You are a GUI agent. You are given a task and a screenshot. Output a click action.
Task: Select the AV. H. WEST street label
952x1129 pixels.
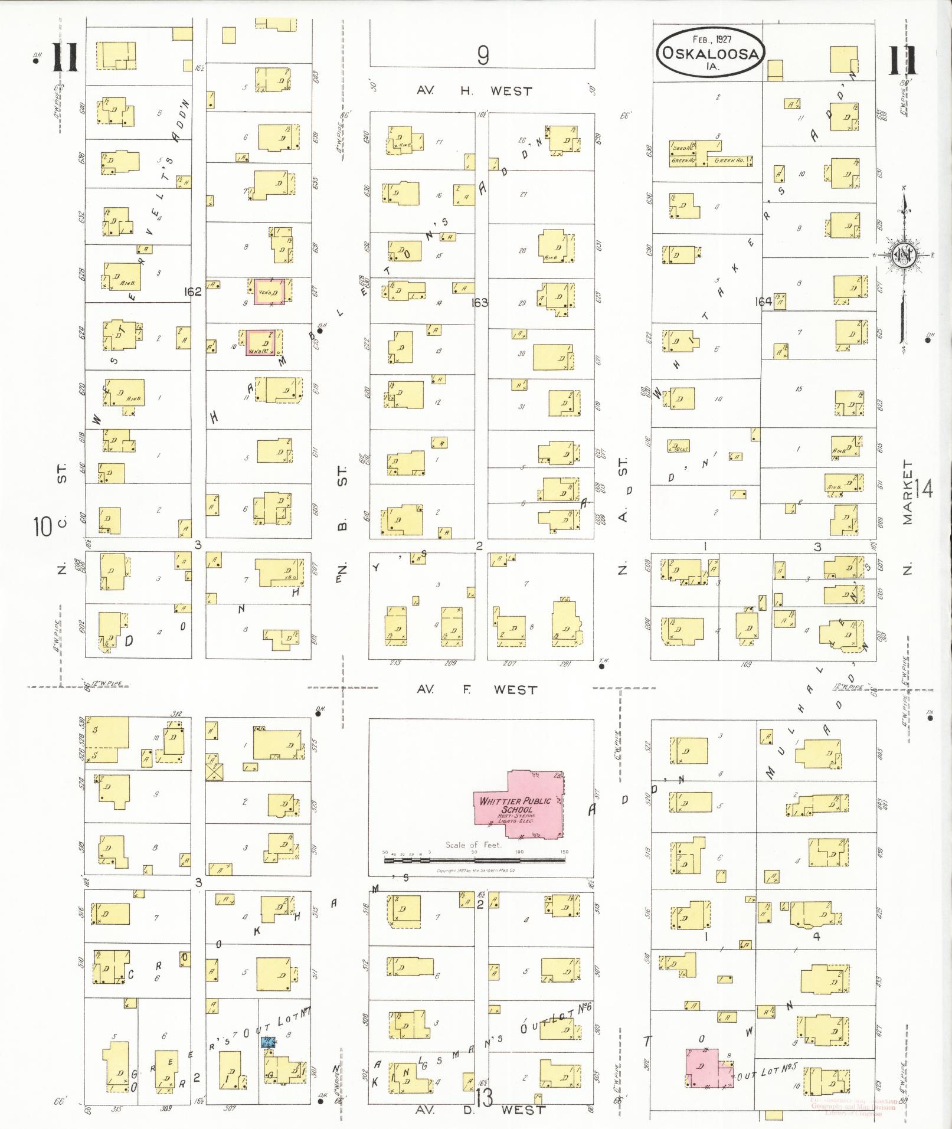click(x=474, y=91)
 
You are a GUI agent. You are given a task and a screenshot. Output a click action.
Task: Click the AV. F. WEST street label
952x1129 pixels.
click(x=477, y=689)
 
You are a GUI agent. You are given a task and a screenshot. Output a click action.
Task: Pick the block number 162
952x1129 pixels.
click(x=193, y=291)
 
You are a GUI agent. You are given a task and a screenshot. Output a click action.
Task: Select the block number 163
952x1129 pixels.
click(x=479, y=302)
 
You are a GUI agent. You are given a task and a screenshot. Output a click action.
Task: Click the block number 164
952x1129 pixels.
click(x=763, y=302)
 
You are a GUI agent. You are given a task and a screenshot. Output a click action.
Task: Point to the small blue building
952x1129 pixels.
click(x=268, y=1042)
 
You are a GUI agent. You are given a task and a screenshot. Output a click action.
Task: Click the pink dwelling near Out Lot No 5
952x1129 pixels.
click(x=705, y=1068)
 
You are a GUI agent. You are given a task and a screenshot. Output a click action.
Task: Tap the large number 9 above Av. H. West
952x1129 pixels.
click(x=483, y=55)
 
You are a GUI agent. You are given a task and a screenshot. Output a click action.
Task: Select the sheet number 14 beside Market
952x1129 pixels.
click(x=924, y=489)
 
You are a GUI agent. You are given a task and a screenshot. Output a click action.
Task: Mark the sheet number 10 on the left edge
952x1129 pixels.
click(x=43, y=526)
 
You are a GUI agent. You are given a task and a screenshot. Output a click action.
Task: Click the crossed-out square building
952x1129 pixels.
click(x=214, y=771)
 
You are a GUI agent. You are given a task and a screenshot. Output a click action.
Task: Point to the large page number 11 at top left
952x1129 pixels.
click(x=65, y=58)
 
